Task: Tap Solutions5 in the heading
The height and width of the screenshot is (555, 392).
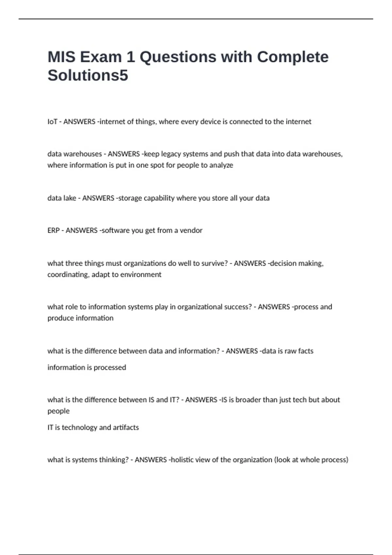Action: click(88, 75)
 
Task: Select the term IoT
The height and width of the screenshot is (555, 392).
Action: click(52, 122)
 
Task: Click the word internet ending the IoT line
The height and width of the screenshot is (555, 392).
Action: click(298, 122)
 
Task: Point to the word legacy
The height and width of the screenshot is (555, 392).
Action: click(170, 154)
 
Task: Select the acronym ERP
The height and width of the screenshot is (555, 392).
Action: click(53, 230)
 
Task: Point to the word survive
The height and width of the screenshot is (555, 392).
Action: click(215, 263)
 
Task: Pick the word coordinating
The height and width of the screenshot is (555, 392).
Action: click(68, 275)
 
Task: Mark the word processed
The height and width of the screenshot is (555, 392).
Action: click(110, 368)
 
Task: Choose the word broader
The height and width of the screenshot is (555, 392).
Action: click(249, 400)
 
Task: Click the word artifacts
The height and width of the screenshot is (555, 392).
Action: click(126, 428)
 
